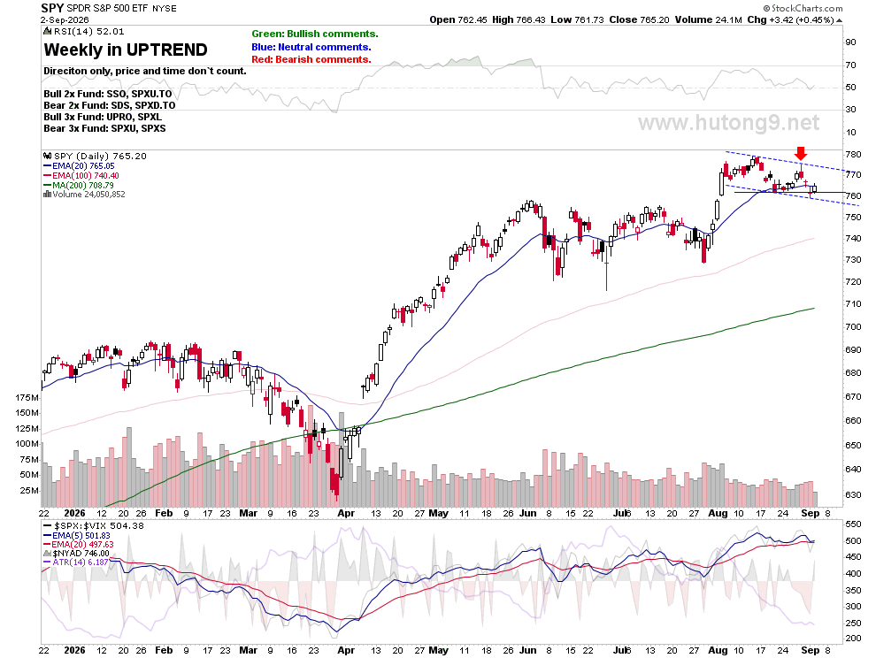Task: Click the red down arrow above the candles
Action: pos(801,154)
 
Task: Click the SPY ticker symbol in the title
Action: pos(52,8)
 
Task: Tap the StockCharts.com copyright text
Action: pos(803,8)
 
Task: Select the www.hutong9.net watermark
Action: pos(728,122)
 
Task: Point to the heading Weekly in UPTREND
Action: pos(126,50)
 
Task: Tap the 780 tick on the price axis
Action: pos(854,154)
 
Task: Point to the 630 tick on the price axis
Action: pos(854,494)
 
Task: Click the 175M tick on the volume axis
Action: pos(27,398)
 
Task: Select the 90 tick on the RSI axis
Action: pos(850,42)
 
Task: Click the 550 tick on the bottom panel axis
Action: pos(853,524)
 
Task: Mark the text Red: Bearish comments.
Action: pos(311,59)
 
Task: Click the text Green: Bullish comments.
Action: pos(314,34)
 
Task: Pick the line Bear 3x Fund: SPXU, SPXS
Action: pos(104,128)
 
